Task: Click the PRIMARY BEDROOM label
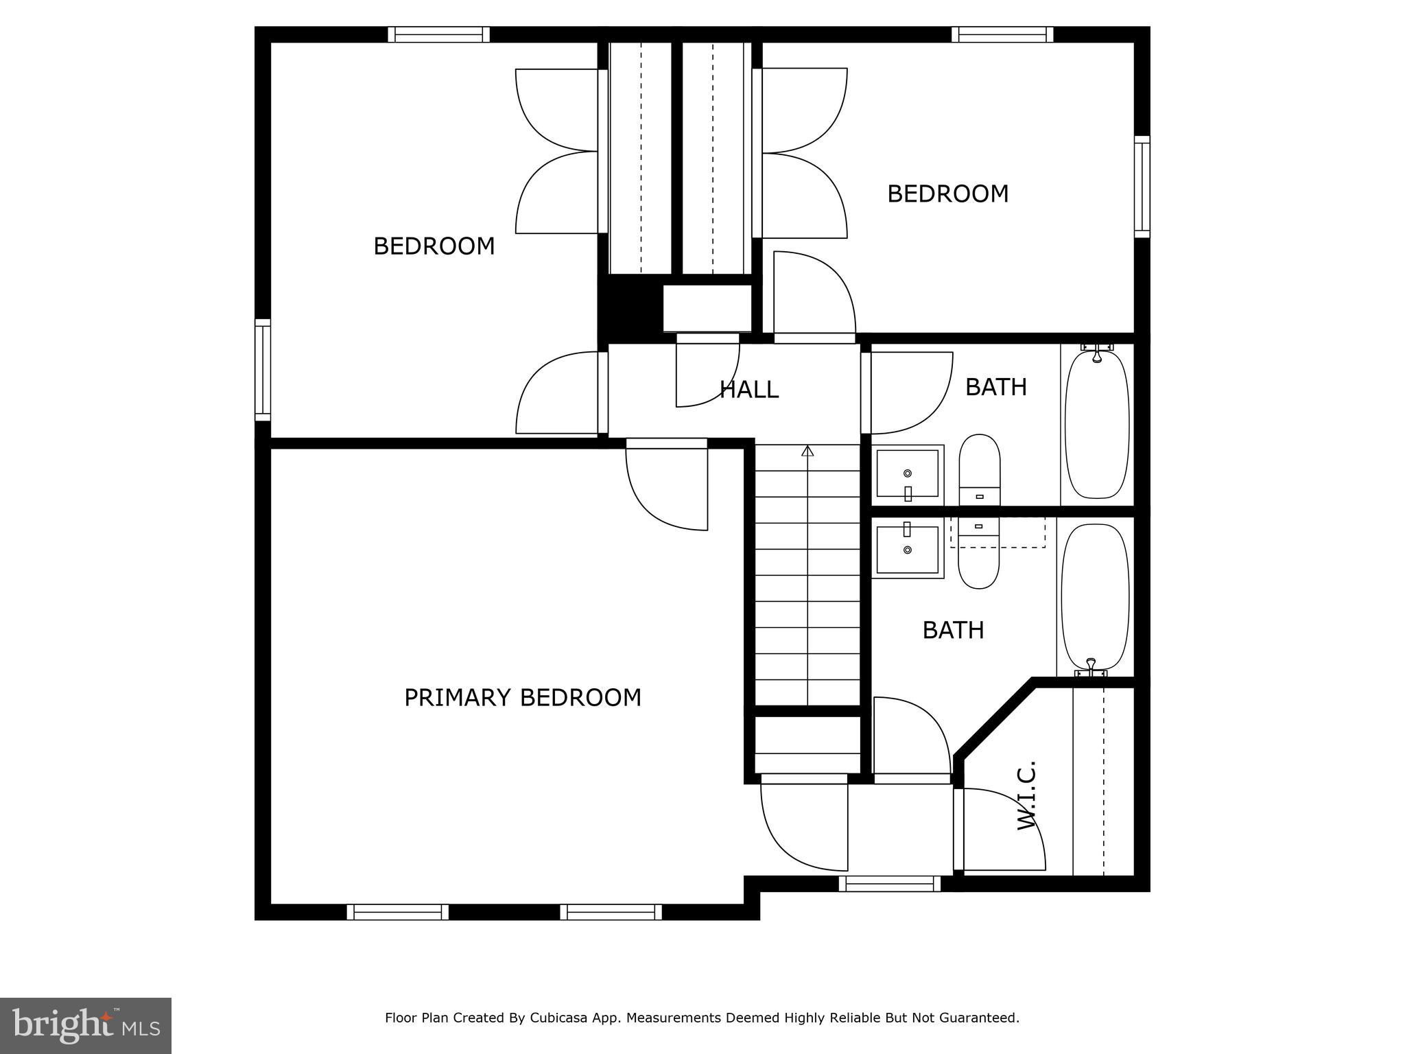[522, 697]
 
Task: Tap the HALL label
[748, 389]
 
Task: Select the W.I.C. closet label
[1026, 795]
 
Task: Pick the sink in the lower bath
[908, 549]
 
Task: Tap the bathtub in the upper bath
[1096, 424]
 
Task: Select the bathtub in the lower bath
[1095, 597]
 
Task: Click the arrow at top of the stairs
[807, 451]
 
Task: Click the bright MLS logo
[86, 1025]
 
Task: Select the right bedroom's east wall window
[1142, 187]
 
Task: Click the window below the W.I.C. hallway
[889, 884]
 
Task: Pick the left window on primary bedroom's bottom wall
[397, 912]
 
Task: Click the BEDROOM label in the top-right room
[947, 194]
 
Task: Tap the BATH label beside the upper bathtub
[995, 387]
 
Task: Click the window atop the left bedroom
[438, 34]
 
